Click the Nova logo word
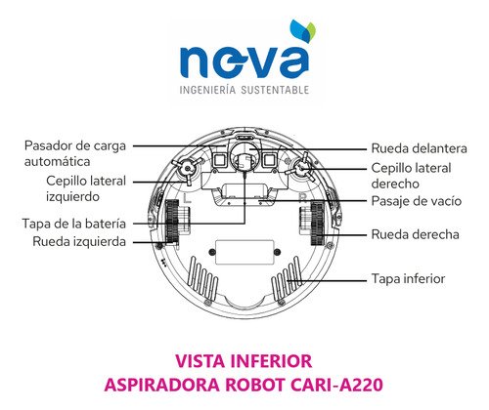click(x=244, y=61)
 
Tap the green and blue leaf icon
click(x=303, y=30)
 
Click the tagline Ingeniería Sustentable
click(x=244, y=90)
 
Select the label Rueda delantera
click(x=419, y=148)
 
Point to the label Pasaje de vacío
click(x=417, y=201)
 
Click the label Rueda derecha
click(x=415, y=234)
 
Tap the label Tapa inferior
click(x=408, y=279)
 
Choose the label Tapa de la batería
click(x=74, y=224)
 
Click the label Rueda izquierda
click(x=79, y=241)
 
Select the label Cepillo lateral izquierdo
click(x=86, y=188)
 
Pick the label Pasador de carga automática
click(x=75, y=153)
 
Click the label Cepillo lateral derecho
click(x=411, y=176)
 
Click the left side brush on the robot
click(x=188, y=169)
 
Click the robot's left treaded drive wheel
click(x=172, y=222)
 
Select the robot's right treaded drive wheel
click(x=317, y=224)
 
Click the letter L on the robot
click(x=187, y=198)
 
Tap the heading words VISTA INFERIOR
click(x=244, y=361)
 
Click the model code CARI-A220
click(x=336, y=385)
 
